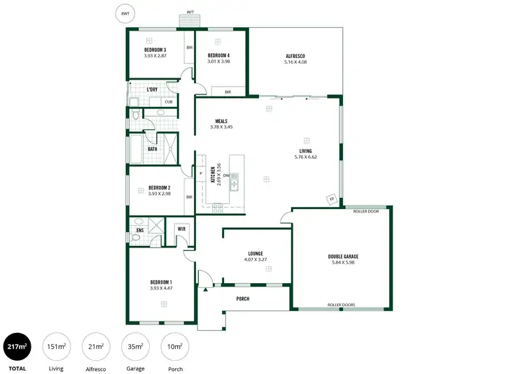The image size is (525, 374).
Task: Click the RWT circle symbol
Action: point(125,13)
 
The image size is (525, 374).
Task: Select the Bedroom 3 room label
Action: point(155,50)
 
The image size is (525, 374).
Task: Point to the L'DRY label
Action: point(152,89)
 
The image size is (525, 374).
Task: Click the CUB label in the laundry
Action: point(168,102)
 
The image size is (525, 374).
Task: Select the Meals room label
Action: point(221,121)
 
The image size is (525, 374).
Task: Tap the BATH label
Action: point(152,148)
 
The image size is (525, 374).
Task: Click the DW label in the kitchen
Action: point(227,175)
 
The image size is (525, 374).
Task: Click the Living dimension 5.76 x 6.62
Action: point(306,157)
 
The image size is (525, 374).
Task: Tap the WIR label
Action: point(181,228)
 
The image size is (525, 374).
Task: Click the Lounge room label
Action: point(255,254)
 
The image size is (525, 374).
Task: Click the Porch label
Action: point(242,299)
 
